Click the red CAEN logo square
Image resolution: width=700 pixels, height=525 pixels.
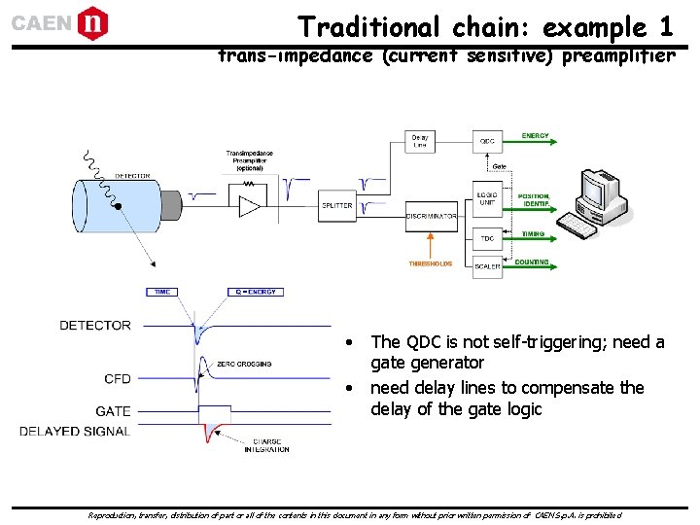tap(92, 22)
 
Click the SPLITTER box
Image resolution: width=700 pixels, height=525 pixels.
tap(336, 205)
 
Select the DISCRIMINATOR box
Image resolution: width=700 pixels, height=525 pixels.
tap(432, 216)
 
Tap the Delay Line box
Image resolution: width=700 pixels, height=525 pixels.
tap(420, 141)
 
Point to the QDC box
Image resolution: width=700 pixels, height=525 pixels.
tap(487, 141)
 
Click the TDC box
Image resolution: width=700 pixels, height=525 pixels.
tap(487, 239)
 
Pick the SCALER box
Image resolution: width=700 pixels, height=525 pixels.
tap(487, 265)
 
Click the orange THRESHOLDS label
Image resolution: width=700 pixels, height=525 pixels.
tap(430, 263)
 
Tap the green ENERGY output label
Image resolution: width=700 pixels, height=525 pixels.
tap(536, 136)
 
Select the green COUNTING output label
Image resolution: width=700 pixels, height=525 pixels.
tap(532, 262)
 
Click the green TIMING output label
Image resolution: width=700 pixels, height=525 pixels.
tap(533, 234)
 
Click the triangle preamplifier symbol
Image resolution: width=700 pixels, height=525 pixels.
tap(251, 205)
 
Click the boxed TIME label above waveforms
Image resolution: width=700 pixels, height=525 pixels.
tap(161, 292)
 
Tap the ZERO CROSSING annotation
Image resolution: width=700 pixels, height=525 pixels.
tap(244, 364)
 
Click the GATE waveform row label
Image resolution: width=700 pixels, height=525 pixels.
tap(113, 411)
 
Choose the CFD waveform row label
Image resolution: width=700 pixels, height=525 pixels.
tap(117, 378)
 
